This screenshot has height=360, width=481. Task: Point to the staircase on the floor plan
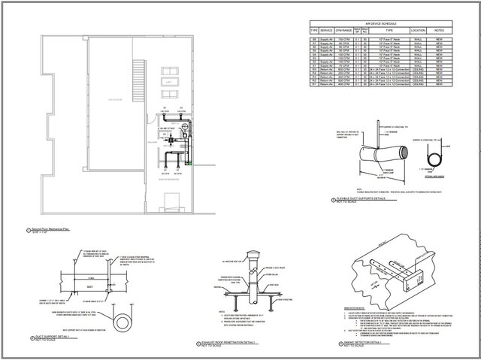[x=137, y=76]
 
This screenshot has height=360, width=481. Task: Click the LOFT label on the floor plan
[x=171, y=80]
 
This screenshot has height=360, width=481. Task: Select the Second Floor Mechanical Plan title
[x=53, y=229]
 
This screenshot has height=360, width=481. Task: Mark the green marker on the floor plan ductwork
[x=194, y=162]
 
